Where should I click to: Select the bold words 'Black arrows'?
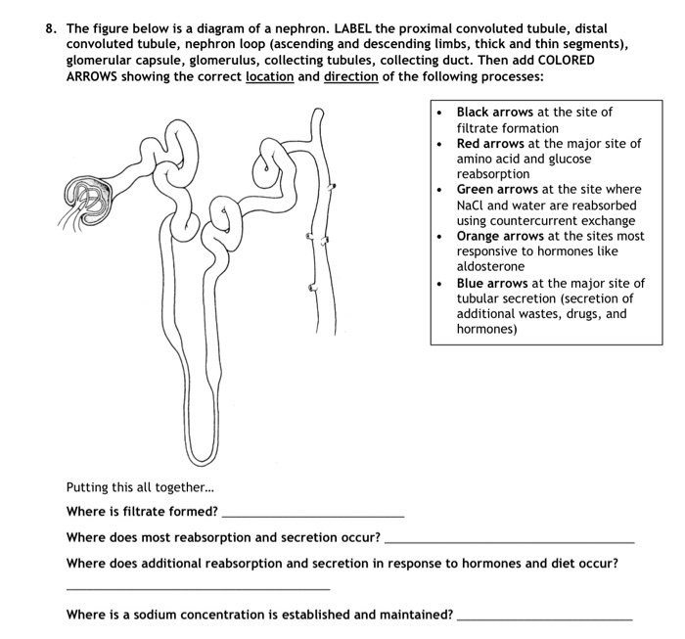pos(495,113)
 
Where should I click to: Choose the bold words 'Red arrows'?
pos(490,144)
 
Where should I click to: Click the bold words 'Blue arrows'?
pos(492,283)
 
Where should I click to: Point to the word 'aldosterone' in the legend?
pos(490,266)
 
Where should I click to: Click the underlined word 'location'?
pos(268,76)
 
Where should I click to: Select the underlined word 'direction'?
pos(350,76)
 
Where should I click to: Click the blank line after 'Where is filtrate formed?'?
pos(312,512)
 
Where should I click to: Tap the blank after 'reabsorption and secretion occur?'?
pos(510,537)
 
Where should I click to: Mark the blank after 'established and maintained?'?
pos(544,616)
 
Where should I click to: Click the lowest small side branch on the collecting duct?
pos(312,288)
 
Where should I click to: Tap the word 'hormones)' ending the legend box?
pos(486,329)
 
